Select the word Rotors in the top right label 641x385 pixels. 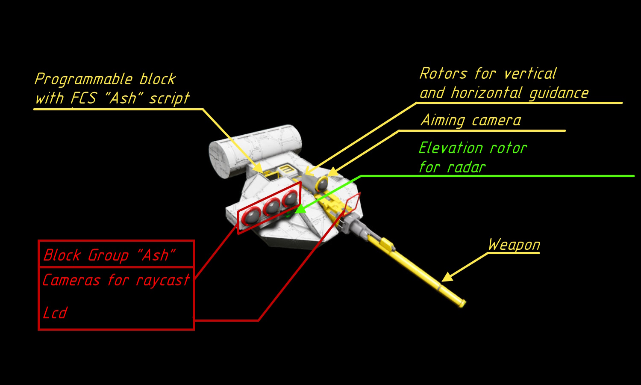pos(443,73)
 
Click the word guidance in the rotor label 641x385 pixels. pos(559,93)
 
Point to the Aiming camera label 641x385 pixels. pos(471,120)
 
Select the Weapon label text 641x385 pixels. pos(514,245)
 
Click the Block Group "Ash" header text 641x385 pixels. pos(109,255)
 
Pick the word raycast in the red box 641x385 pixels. pos(162,280)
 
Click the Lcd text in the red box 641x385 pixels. pos(55,313)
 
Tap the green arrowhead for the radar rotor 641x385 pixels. pos(300,209)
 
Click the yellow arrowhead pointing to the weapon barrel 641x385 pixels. pos(447,277)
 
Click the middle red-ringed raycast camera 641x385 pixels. pos(271,207)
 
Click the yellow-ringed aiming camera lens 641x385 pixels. pos(322,184)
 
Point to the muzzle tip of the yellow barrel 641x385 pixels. pos(462,303)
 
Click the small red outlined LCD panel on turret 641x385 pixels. pos(352,204)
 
